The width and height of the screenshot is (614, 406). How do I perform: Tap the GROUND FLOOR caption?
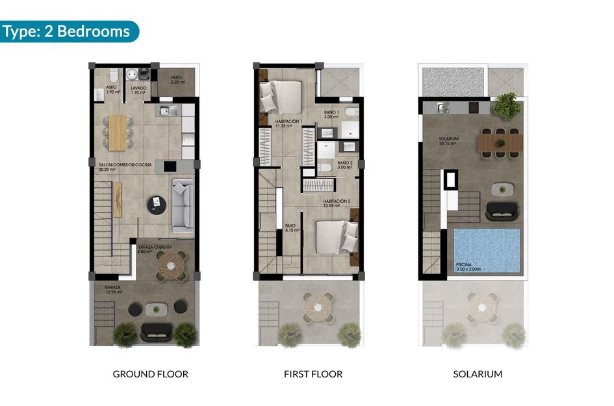coord(151,374)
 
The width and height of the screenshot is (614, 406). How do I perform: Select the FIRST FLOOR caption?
coord(313,374)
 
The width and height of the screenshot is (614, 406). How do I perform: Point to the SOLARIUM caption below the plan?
coord(478,374)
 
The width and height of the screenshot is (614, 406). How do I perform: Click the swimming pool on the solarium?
coord(487,251)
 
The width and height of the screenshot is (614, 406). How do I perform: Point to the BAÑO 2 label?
coord(345,165)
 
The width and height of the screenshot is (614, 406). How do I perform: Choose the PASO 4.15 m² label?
coord(292,228)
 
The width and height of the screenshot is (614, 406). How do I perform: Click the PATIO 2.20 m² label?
coord(177,80)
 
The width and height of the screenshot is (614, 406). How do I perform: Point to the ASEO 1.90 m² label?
coord(112,90)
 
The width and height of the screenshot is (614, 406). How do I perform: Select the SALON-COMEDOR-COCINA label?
coord(125,167)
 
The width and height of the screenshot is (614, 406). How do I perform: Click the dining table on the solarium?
coord(500,142)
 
